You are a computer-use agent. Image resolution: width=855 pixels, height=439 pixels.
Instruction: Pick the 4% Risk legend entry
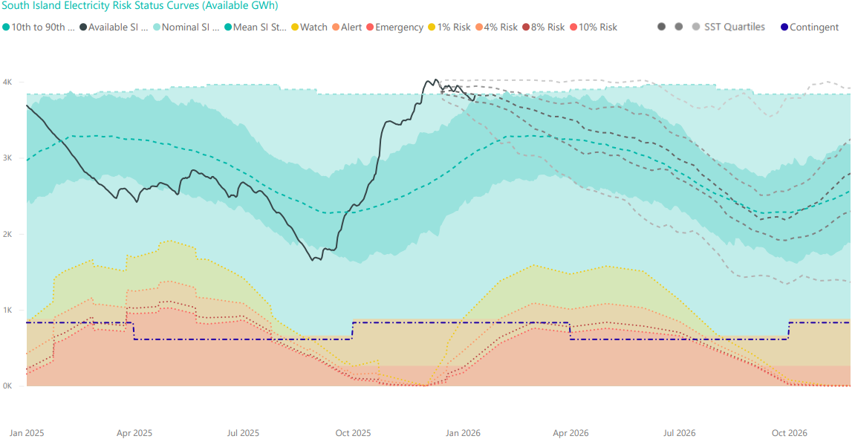click(500, 27)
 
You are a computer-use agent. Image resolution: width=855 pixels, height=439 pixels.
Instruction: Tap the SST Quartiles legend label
click(734, 27)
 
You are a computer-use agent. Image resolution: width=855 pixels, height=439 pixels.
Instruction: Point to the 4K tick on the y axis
click(7, 82)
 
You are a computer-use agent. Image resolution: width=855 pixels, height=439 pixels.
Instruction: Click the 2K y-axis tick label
click(7, 234)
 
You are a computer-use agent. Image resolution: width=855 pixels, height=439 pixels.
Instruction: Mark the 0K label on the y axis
click(7, 386)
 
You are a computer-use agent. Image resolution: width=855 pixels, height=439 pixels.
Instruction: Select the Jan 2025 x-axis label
click(27, 432)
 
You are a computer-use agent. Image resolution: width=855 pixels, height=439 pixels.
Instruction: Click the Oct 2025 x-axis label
click(353, 432)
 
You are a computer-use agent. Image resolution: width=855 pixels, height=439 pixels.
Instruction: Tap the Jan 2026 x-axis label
click(461, 432)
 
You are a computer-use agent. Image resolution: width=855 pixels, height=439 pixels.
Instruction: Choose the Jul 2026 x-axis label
click(679, 432)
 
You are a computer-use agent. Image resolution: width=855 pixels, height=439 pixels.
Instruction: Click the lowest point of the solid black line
click(313, 260)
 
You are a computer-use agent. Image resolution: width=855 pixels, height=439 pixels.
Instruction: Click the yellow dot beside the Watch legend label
click(295, 27)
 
